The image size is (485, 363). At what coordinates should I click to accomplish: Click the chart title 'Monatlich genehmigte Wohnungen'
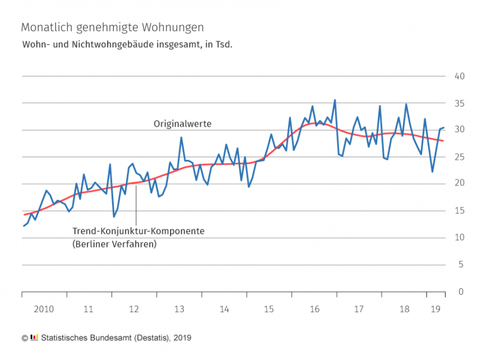(x=112, y=28)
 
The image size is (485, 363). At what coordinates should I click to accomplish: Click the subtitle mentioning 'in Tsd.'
(x=127, y=45)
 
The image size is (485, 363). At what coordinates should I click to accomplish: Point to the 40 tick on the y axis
(x=460, y=76)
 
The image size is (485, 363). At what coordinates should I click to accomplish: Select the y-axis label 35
(x=460, y=103)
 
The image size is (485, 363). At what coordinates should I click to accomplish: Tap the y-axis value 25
(x=460, y=157)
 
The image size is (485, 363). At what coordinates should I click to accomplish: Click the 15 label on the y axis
(x=460, y=211)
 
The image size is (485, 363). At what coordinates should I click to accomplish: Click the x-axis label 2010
(x=44, y=309)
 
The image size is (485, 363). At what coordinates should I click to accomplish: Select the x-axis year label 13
(x=179, y=309)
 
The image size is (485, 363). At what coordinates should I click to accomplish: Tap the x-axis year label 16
(x=314, y=309)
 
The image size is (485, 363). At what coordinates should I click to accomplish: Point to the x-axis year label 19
(x=436, y=309)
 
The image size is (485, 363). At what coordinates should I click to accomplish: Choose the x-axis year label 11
(x=89, y=309)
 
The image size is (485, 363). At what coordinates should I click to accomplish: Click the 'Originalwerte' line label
(x=183, y=123)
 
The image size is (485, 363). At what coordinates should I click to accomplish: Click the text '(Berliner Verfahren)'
(x=113, y=244)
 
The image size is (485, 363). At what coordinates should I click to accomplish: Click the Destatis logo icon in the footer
(x=34, y=338)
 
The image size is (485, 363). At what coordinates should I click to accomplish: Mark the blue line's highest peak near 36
(x=335, y=100)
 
